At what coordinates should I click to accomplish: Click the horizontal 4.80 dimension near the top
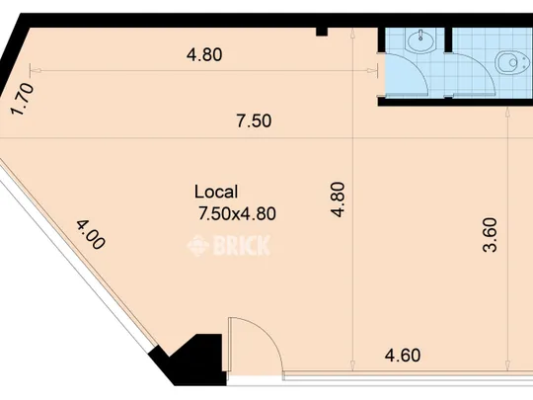[204, 54]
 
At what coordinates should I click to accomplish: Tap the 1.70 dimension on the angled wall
[23, 100]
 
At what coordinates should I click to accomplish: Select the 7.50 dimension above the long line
[254, 121]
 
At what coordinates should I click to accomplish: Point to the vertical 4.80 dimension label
[339, 200]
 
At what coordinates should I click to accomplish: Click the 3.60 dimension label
[490, 235]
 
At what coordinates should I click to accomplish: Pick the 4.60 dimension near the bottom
[403, 356]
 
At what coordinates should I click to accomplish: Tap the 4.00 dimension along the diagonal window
[91, 235]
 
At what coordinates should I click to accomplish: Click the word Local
[216, 192]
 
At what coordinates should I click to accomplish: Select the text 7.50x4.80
[237, 214]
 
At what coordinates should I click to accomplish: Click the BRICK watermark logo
[229, 245]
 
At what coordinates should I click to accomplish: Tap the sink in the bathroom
[420, 40]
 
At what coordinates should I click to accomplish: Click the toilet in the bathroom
[511, 62]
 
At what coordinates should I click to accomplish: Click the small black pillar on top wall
[322, 32]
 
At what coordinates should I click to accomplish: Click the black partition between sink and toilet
[448, 40]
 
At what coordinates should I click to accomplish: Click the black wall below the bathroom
[455, 102]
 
